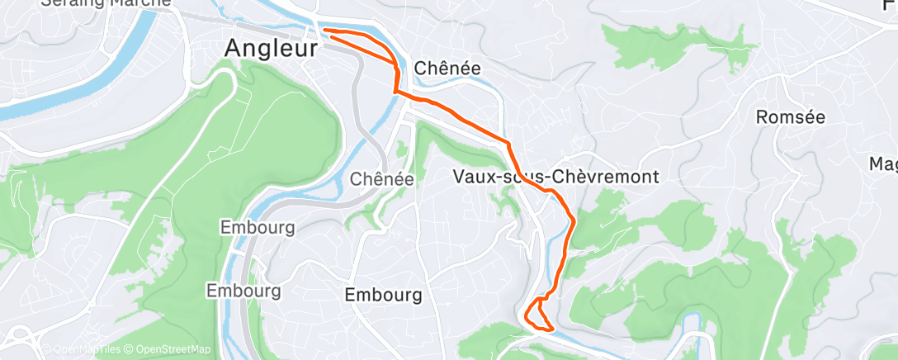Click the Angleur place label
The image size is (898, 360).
click(271, 50)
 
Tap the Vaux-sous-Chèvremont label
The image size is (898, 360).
click(555, 177)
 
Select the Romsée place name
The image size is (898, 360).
click(790, 117)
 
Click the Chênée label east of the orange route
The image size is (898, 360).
click(447, 68)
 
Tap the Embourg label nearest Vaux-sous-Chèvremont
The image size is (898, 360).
click(384, 295)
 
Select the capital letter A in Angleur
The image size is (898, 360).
click(234, 50)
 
